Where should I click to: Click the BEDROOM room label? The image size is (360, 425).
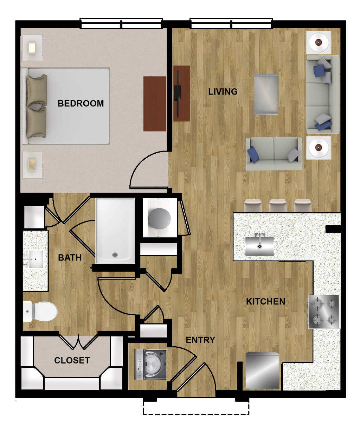(81, 103)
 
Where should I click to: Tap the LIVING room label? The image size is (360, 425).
(223, 92)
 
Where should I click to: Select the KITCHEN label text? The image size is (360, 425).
(266, 301)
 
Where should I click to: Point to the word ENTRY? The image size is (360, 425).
(200, 340)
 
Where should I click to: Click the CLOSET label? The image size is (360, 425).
(72, 360)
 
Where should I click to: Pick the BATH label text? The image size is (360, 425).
(70, 257)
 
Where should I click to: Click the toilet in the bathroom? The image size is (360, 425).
(40, 311)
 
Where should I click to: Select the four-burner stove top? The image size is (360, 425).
(323, 312)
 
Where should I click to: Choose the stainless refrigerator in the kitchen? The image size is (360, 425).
(262, 371)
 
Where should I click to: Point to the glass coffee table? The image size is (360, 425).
(266, 94)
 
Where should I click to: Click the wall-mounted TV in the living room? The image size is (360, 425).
(178, 94)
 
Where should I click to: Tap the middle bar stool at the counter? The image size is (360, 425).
(277, 206)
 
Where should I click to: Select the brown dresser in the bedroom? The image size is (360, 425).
(155, 104)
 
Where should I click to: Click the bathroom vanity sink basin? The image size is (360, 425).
(36, 259)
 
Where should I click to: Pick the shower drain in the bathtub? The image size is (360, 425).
(115, 255)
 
